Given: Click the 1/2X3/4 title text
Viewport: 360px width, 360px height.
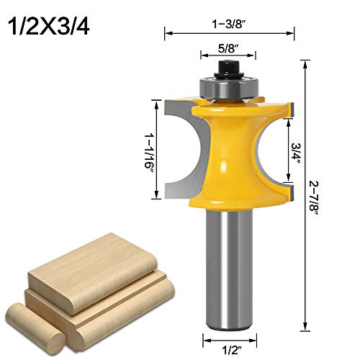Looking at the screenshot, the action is pos(49,27).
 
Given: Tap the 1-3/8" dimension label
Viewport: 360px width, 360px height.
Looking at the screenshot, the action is pos(230,24).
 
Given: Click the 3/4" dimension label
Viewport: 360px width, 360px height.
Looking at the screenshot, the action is pos(296,153).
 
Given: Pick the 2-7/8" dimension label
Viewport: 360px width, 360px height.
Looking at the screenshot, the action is pos(313,199).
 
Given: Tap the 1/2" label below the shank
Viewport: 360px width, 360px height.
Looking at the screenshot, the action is pos(230,351).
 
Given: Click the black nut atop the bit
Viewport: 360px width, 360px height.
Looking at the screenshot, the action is pos(228,70).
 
